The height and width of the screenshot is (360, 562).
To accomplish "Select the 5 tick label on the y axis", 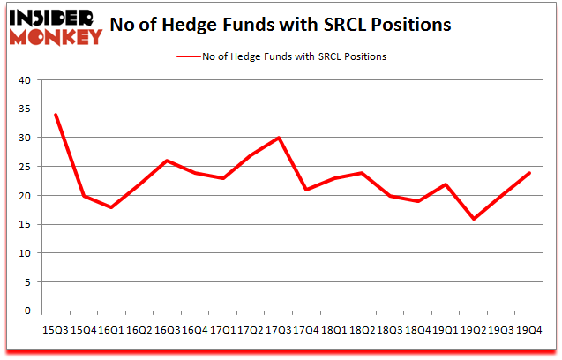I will tap(26, 282).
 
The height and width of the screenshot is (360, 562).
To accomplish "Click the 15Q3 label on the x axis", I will tap(56, 328).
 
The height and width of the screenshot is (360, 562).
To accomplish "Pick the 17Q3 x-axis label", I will tap(279, 328).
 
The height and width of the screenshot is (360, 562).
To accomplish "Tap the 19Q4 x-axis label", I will tap(528, 328).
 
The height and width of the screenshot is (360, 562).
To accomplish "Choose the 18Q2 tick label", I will tap(362, 328).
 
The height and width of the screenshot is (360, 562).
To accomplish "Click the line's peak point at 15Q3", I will tap(56, 115).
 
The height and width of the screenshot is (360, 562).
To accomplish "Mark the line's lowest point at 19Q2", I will tap(473, 219).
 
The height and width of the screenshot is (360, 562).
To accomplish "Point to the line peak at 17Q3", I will tap(279, 138).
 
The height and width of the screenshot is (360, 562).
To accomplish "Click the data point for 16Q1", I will tap(112, 207).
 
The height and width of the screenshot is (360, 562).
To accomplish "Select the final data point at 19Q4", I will tap(528, 172).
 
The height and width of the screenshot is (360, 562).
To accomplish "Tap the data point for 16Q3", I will tap(168, 161).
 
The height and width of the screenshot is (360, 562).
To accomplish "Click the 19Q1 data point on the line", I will tap(446, 184).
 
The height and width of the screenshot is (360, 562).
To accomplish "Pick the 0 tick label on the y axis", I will tap(26, 311).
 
